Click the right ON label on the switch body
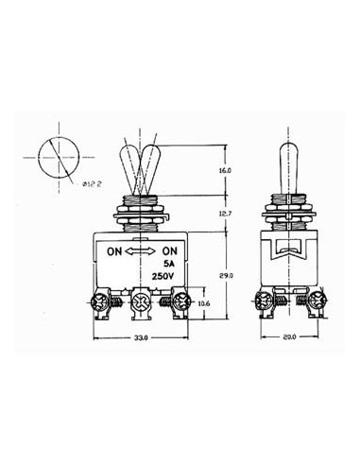171,252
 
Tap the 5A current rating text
170,266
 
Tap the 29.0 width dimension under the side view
289,336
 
